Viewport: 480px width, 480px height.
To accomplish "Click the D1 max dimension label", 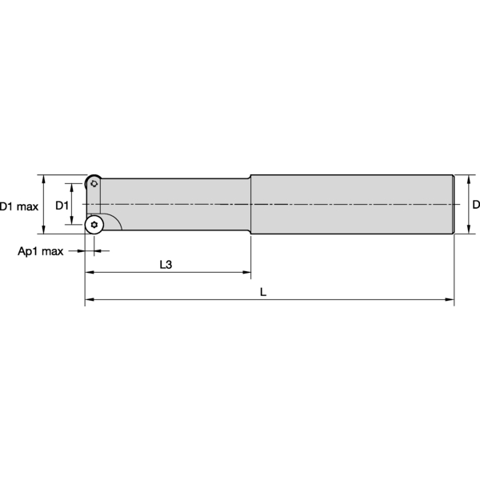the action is (19, 206).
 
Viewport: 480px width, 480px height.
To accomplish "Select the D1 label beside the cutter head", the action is (62, 206).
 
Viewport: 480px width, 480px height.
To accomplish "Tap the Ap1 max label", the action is (41, 251).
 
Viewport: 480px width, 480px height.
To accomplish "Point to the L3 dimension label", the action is (166, 265).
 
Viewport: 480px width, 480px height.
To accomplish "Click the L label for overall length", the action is (263, 292).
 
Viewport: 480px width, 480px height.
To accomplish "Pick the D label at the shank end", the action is (476, 205).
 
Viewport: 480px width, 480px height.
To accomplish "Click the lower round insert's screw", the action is (94, 225).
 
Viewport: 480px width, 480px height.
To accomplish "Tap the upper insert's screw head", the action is (94, 184).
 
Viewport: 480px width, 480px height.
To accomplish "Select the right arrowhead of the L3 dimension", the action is (246, 272).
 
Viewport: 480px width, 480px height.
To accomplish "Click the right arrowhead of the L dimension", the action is (450, 299).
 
